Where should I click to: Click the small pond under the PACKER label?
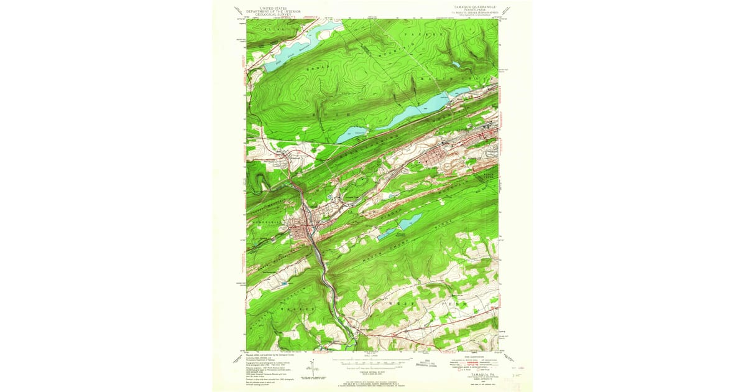click(x=456, y=64)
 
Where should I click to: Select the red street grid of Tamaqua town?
click(x=305, y=230)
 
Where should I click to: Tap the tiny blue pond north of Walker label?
click(x=285, y=284)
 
